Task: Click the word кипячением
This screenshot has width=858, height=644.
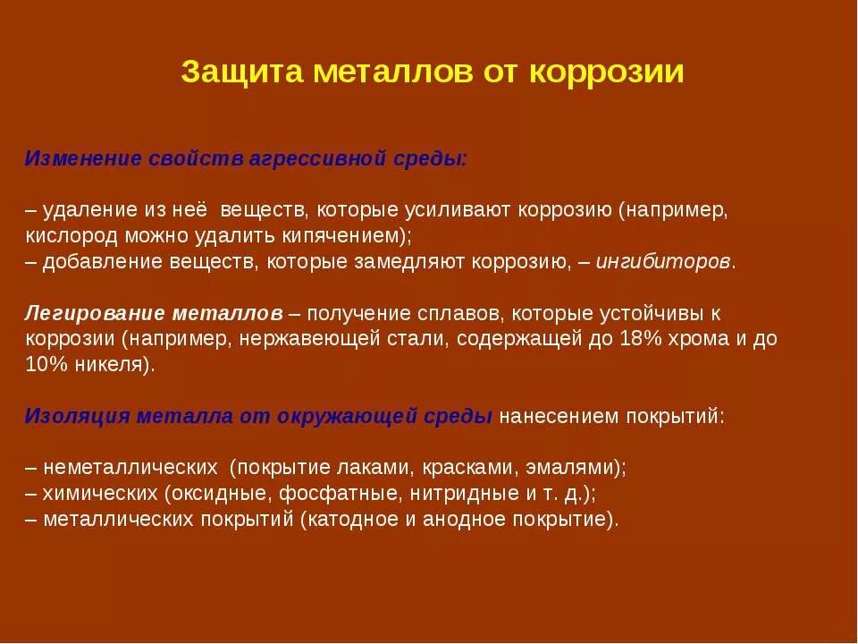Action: tap(348, 236)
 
